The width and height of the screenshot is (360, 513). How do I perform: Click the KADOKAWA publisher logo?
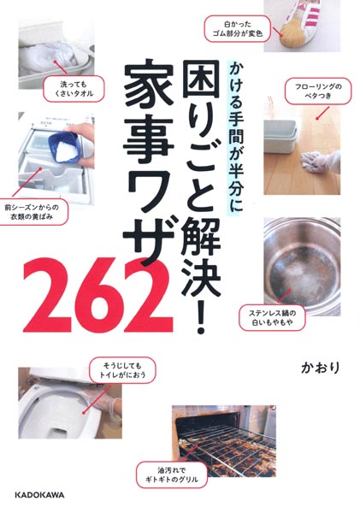click(x=40, y=495)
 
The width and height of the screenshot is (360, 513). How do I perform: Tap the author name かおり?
click(x=321, y=368)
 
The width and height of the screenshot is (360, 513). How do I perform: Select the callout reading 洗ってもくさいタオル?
click(x=74, y=88)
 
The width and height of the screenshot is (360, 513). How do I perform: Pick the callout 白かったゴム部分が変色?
click(x=239, y=29)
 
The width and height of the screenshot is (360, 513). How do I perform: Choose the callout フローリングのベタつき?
click(x=318, y=91)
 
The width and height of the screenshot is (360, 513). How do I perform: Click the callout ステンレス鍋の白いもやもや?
click(x=272, y=318)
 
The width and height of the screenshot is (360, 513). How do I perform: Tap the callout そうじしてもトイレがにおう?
click(x=122, y=370)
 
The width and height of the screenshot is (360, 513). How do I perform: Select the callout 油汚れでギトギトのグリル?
click(x=172, y=475)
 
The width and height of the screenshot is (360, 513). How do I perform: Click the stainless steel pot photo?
click(x=302, y=266)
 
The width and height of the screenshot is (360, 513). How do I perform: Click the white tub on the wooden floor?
click(x=280, y=135)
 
